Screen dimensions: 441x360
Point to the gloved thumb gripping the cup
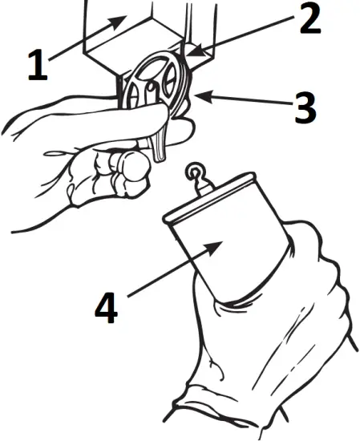(x=305, y=241)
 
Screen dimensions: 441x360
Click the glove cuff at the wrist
(x=233, y=401)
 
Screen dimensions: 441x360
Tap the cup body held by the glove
(x=233, y=257)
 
